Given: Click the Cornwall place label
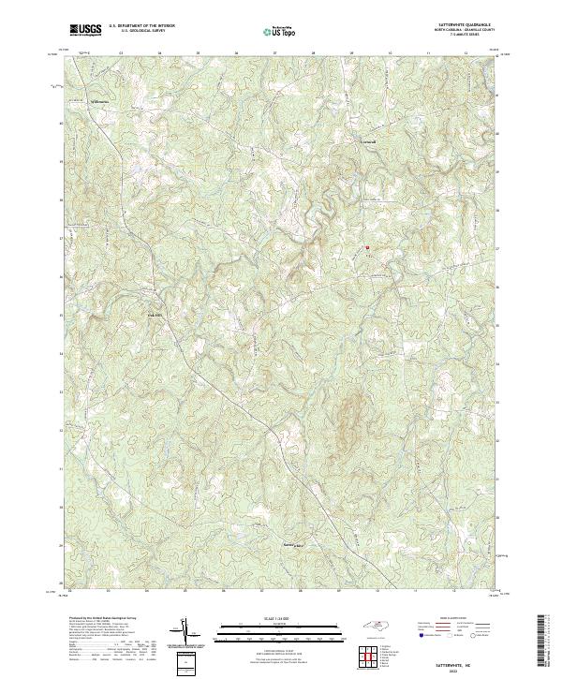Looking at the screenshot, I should pos(368,141).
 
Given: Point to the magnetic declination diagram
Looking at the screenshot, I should pos(183,632).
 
